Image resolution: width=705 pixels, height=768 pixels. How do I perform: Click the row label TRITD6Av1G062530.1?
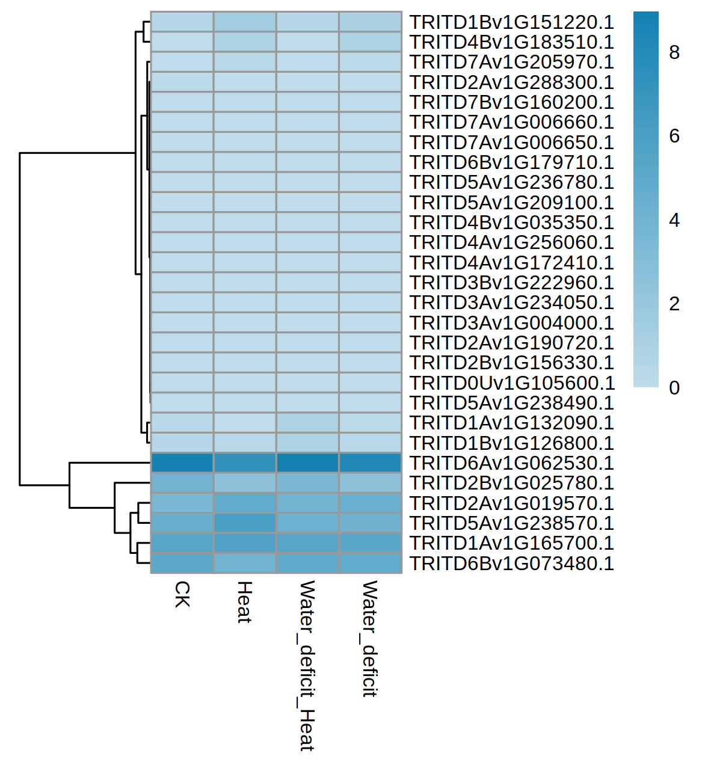[511, 463]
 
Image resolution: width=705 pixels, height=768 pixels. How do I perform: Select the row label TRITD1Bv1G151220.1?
[511, 22]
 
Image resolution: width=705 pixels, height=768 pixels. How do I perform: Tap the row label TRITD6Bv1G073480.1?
[511, 564]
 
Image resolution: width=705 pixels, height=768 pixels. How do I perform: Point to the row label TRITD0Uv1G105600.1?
[511, 383]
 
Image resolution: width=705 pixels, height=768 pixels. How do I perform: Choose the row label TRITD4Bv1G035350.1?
[511, 223]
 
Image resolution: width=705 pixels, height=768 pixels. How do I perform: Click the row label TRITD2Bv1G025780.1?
[511, 483]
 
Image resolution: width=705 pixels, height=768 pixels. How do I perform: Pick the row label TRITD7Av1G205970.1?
[511, 62]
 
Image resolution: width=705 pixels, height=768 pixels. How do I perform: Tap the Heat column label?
[244, 602]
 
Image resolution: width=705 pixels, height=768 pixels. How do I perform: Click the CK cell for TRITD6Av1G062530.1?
[182, 463]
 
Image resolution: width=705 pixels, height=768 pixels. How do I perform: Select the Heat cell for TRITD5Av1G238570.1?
[245, 523]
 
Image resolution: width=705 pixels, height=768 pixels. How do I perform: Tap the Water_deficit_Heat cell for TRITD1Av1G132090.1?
[307, 423]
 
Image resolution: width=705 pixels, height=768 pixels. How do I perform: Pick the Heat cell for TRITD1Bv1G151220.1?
[245, 22]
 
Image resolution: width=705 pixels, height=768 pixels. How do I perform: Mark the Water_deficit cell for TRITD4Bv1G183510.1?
[370, 42]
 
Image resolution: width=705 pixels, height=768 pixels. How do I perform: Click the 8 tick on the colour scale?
[674, 53]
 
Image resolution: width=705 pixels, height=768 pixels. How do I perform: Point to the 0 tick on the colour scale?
[674, 388]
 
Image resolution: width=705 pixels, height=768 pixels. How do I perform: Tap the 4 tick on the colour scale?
[674, 220]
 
